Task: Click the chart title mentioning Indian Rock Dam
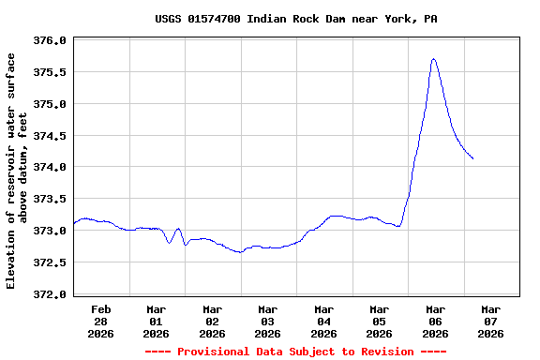click(x=295, y=19)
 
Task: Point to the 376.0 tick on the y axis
click(x=50, y=41)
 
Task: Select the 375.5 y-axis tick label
click(x=50, y=73)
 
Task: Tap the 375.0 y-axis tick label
click(x=50, y=104)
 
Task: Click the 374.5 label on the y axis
click(x=50, y=136)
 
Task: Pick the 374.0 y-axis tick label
click(x=50, y=168)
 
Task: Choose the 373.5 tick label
click(x=50, y=200)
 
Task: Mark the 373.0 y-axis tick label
click(x=50, y=232)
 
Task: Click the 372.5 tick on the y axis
click(x=50, y=262)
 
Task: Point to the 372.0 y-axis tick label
click(x=50, y=294)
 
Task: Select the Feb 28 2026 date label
click(x=101, y=321)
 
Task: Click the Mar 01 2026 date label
click(x=157, y=321)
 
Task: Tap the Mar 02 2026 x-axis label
click(x=213, y=321)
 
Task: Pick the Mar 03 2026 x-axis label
click(x=268, y=321)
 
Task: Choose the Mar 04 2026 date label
click(x=324, y=321)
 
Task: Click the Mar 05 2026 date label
click(x=380, y=321)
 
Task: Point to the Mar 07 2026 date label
click(x=491, y=321)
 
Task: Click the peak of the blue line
click(x=433, y=59)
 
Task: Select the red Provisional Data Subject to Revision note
click(x=295, y=352)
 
